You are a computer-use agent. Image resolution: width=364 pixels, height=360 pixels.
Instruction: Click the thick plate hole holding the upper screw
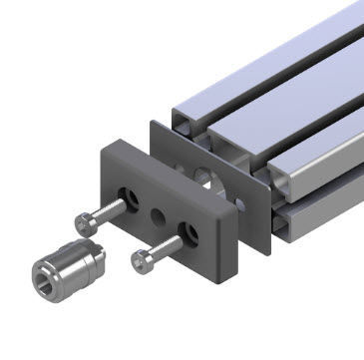(x=127, y=194)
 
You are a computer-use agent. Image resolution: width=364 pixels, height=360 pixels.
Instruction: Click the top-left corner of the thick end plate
(x=103, y=146)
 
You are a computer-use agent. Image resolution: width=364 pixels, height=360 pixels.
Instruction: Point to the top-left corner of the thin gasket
(x=152, y=122)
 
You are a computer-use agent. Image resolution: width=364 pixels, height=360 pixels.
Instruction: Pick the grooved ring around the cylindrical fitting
(x=80, y=257)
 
